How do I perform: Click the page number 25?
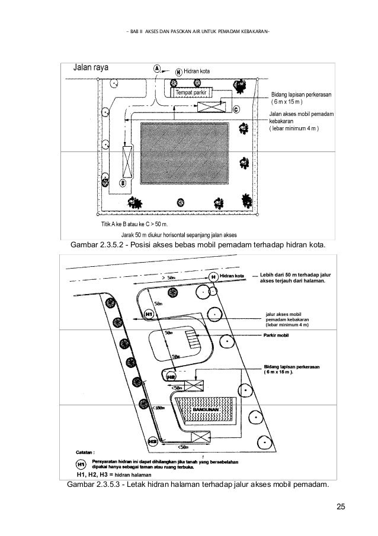tap(341, 506)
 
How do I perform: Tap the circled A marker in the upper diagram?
tap(158, 69)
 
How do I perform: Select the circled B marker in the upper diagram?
tap(123, 183)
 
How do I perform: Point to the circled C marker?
tap(236, 109)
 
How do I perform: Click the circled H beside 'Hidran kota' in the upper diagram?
tap(178, 72)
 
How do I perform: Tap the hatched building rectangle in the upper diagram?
tap(185, 154)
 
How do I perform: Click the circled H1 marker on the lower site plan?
tap(149, 314)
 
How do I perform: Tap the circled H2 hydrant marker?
tap(171, 376)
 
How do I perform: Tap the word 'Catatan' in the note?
tap(85, 451)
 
